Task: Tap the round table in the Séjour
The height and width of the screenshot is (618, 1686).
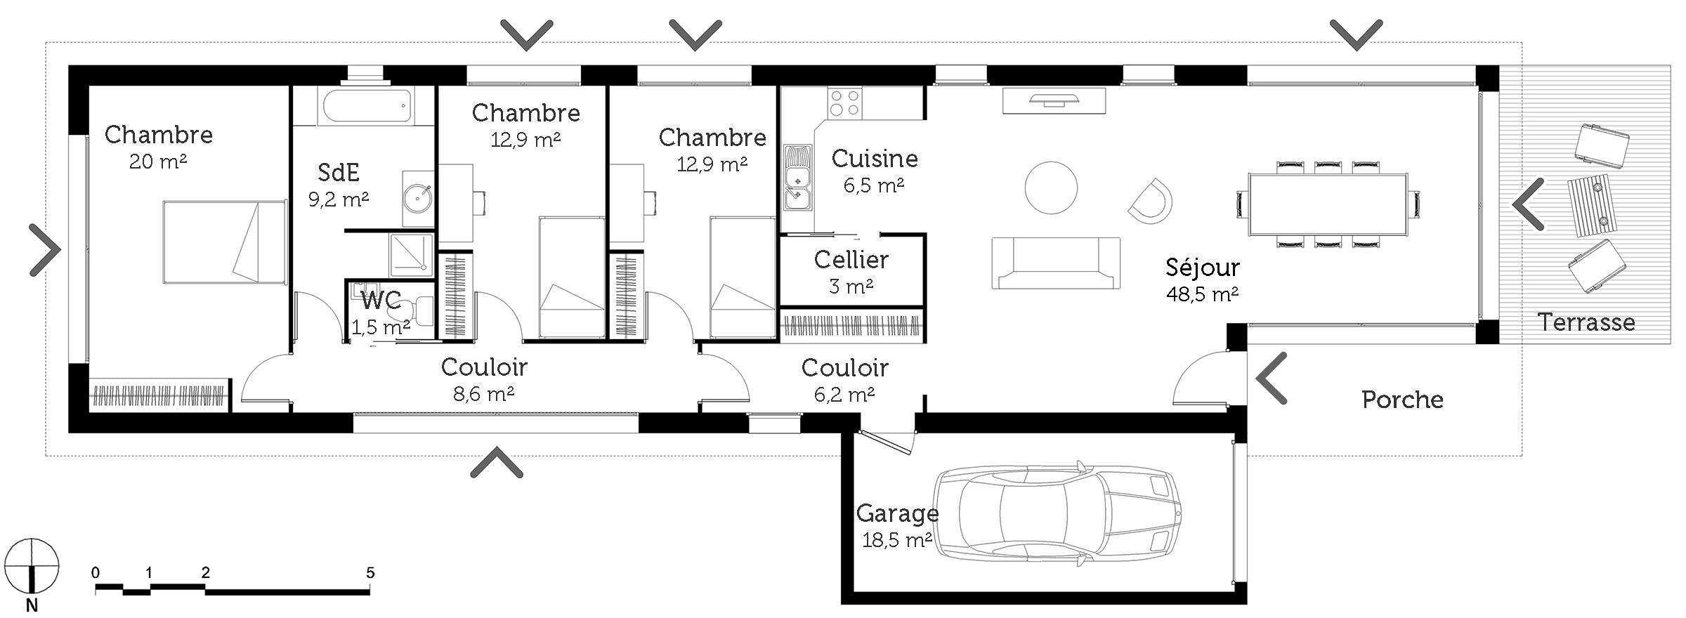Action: [1051, 188]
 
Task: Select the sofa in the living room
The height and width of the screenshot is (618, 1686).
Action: [1056, 263]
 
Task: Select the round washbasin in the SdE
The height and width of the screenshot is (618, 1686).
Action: [418, 198]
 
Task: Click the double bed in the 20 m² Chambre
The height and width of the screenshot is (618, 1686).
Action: [225, 242]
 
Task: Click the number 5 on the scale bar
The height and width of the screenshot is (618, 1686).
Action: [370, 573]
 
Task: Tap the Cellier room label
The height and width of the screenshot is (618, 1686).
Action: [851, 260]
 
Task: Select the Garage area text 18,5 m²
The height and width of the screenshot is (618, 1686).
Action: [897, 540]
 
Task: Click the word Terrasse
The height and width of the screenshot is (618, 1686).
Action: [1586, 322]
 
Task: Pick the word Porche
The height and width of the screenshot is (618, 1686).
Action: [1402, 400]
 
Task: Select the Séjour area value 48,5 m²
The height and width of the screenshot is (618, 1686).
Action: [1202, 294]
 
